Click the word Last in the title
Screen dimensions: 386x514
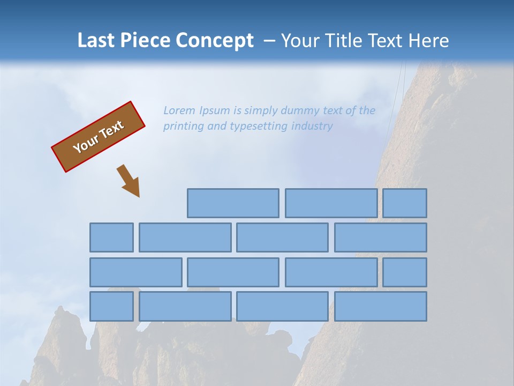pyautogui.click(x=96, y=41)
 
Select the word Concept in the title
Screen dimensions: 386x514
pyautogui.click(x=215, y=41)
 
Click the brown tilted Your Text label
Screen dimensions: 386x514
pyautogui.click(x=99, y=136)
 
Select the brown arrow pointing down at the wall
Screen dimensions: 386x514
pyautogui.click(x=129, y=181)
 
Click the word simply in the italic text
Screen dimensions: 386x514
pyautogui.click(x=262, y=111)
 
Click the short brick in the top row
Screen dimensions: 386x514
pyautogui.click(x=405, y=203)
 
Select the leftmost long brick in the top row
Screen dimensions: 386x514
pyautogui.click(x=233, y=203)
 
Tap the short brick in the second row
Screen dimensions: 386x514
pyautogui.click(x=111, y=237)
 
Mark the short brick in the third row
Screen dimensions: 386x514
pyautogui.click(x=405, y=272)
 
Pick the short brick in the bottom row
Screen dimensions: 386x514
pyautogui.click(x=111, y=307)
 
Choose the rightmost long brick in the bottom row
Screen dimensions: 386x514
pyautogui.click(x=381, y=307)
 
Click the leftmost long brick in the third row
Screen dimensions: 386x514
pyautogui.click(x=136, y=272)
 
